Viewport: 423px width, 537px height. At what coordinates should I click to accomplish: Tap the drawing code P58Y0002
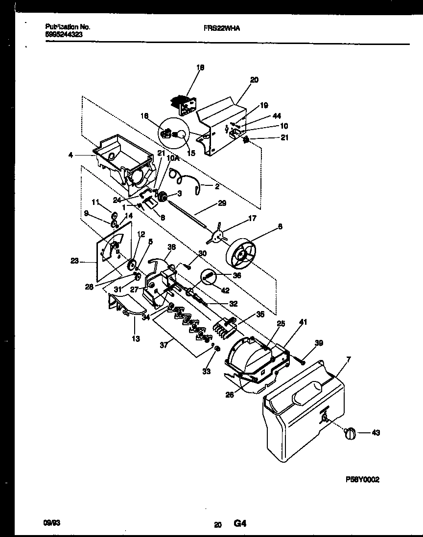click(362, 480)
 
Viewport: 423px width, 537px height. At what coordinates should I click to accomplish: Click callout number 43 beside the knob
click(376, 432)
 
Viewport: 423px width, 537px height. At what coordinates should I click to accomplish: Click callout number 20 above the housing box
click(254, 80)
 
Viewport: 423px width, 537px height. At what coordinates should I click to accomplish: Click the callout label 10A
click(172, 157)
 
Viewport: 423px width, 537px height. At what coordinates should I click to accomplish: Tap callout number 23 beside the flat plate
click(74, 262)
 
